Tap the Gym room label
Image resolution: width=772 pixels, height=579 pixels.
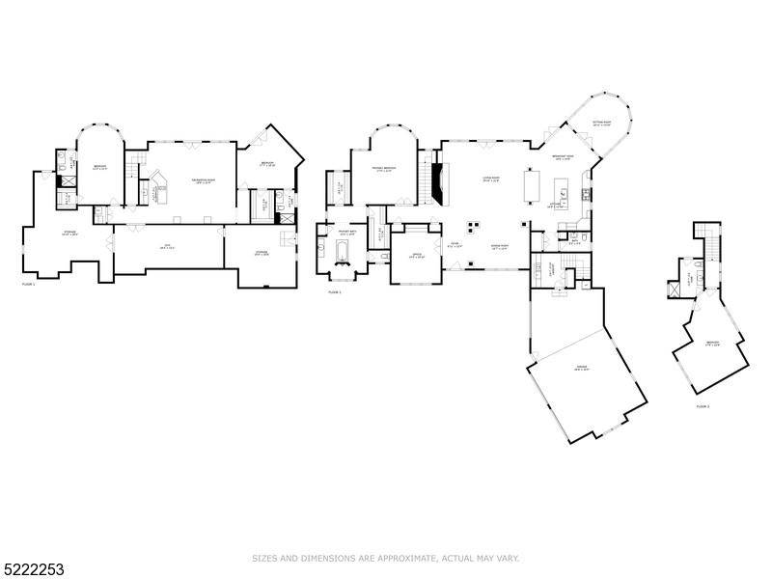click(166, 247)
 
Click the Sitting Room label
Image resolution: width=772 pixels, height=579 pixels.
click(602, 124)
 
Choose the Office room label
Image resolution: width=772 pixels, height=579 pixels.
click(416, 257)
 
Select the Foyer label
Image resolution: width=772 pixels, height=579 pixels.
click(455, 245)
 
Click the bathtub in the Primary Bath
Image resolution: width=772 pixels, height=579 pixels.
click(343, 254)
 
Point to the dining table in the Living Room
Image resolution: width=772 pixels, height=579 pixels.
click(531, 185)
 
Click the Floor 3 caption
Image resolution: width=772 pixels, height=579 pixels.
click(703, 406)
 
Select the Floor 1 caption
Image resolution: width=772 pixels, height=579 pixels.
click(28, 285)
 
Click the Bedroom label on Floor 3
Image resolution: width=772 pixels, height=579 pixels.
click(712, 344)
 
